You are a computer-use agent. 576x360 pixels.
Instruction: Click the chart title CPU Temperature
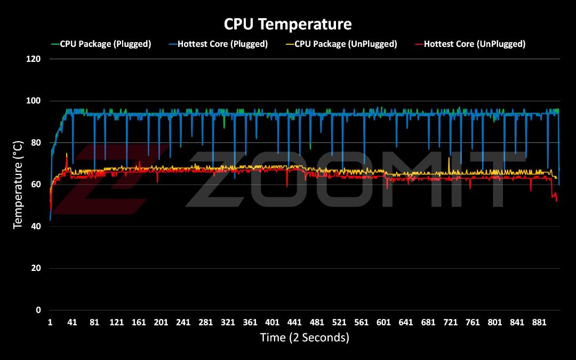[288, 24]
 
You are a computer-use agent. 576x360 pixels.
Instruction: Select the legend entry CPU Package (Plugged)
[106, 44]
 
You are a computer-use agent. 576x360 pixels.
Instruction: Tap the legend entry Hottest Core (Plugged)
[222, 44]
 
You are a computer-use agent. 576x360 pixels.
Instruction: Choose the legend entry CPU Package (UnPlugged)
[346, 44]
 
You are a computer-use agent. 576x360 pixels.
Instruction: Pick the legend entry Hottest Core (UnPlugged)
[475, 44]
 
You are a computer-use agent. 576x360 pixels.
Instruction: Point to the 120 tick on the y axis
[34, 59]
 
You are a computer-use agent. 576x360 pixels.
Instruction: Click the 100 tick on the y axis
[34, 101]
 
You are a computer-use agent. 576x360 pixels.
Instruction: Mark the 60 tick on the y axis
[36, 185]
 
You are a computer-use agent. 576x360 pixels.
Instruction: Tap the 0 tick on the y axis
[38, 310]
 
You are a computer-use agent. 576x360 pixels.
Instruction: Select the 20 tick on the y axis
[36, 268]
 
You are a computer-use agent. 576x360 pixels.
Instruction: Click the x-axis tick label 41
[73, 322]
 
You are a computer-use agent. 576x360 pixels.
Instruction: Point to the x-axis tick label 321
[228, 322]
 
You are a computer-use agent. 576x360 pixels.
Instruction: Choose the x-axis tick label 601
[383, 322]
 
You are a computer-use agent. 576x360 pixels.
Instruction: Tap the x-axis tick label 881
[539, 322]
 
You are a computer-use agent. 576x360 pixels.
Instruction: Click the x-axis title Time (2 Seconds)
[305, 337]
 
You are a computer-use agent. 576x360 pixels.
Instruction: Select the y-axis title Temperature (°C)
[18, 185]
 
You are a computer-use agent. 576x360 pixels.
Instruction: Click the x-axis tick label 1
[50, 322]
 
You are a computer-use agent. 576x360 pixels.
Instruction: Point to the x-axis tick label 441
[294, 322]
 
